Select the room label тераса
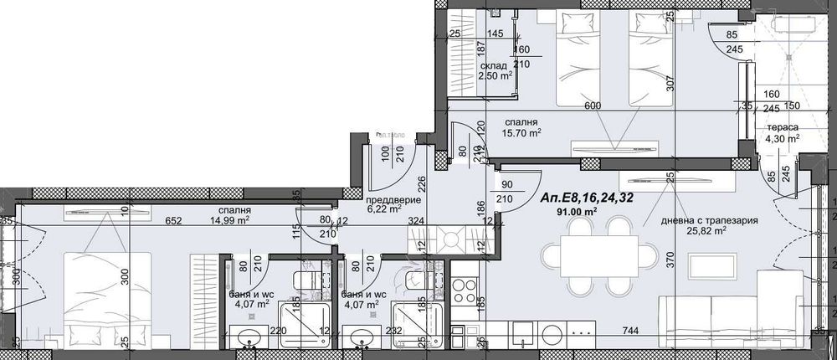[x=780, y=127]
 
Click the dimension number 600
[x=593, y=105]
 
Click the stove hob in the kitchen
[x=463, y=295]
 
